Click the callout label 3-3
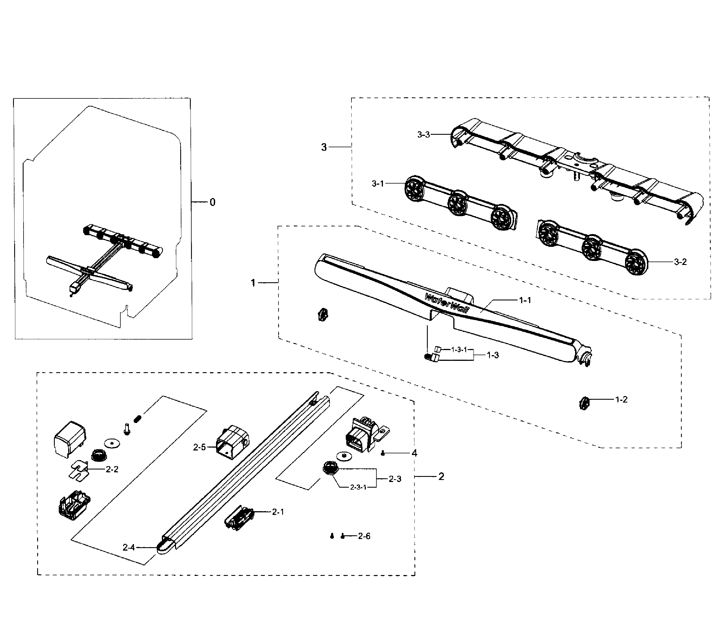tap(424, 134)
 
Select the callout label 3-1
tap(378, 183)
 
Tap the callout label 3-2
tap(680, 262)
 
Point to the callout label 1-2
tap(621, 400)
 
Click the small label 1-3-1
tap(459, 349)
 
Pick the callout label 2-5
tap(199, 447)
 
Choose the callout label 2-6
tap(364, 536)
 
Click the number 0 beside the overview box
tap(212, 202)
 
